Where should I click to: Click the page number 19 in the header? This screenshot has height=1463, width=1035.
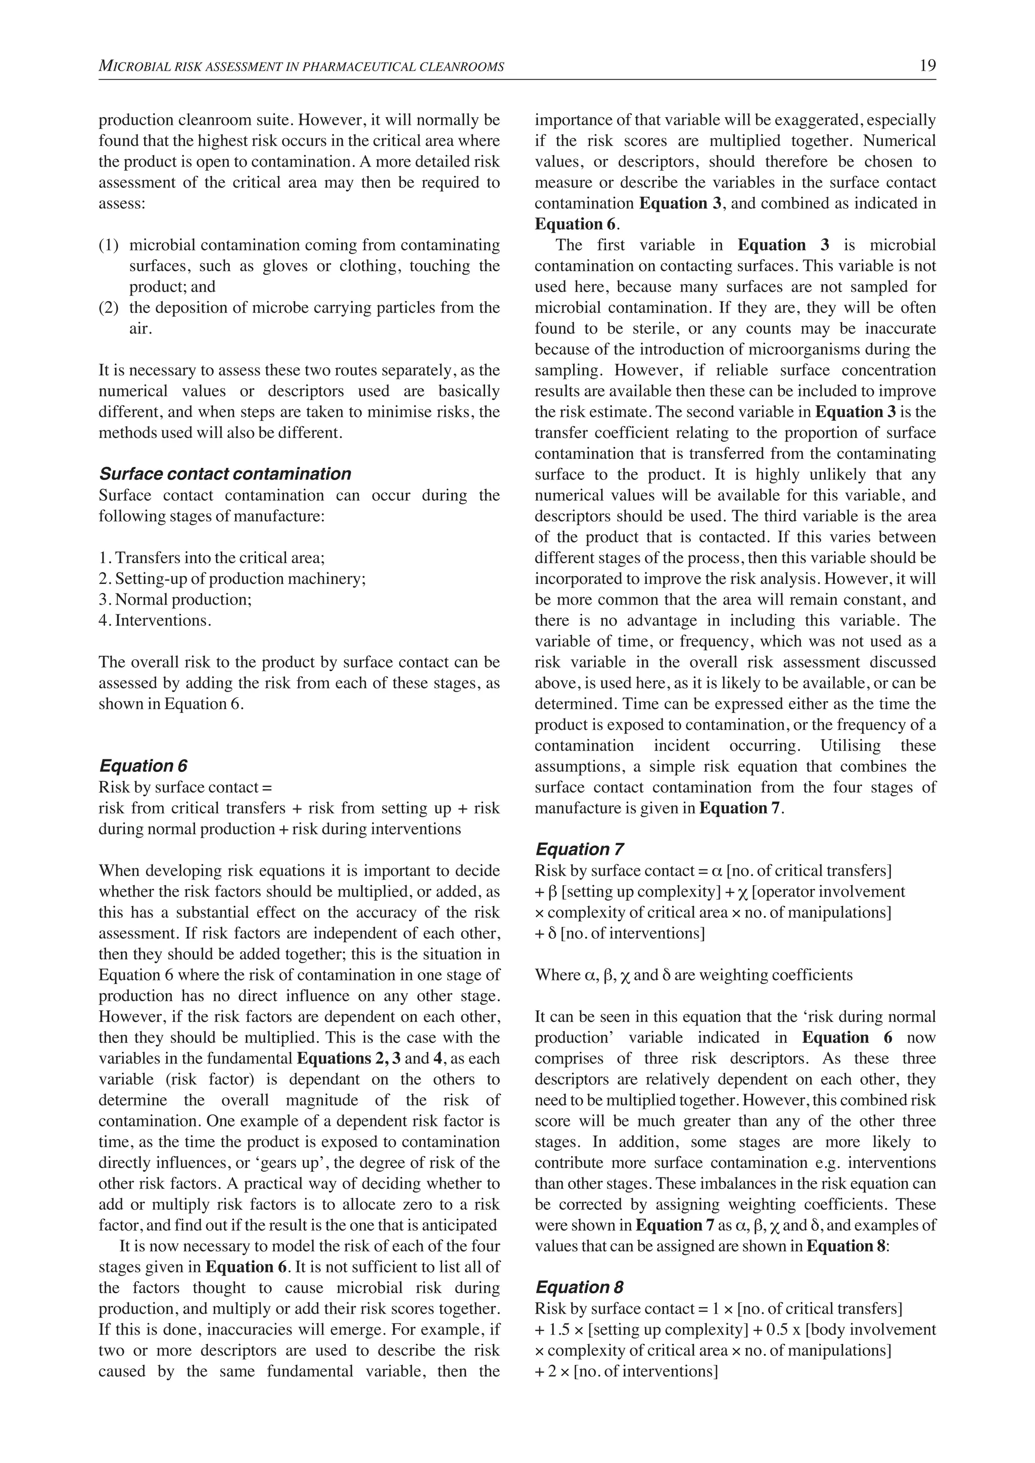click(927, 66)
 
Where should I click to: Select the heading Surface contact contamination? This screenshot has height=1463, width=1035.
click(225, 474)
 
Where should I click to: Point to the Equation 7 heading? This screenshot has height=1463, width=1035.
click(579, 849)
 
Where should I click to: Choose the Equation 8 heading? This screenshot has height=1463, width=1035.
click(579, 1287)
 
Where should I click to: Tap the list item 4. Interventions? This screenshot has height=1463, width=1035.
click(155, 621)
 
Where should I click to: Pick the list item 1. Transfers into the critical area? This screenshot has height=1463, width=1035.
click(212, 558)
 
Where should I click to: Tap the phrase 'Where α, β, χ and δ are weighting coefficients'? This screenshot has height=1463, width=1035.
click(693, 976)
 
